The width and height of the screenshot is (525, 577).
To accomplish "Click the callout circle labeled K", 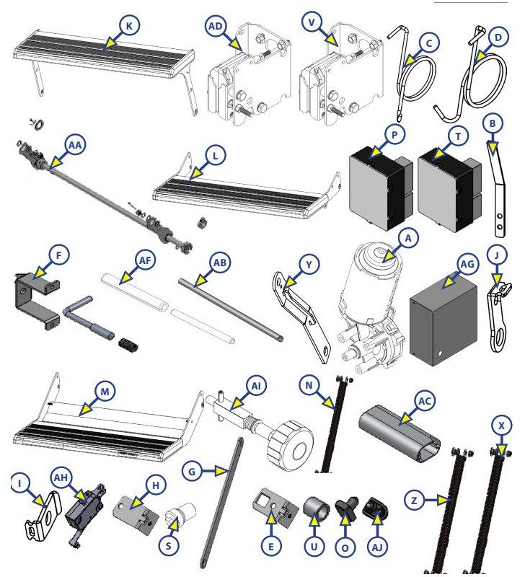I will (128, 25).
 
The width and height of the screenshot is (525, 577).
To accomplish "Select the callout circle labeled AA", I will (74, 145).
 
